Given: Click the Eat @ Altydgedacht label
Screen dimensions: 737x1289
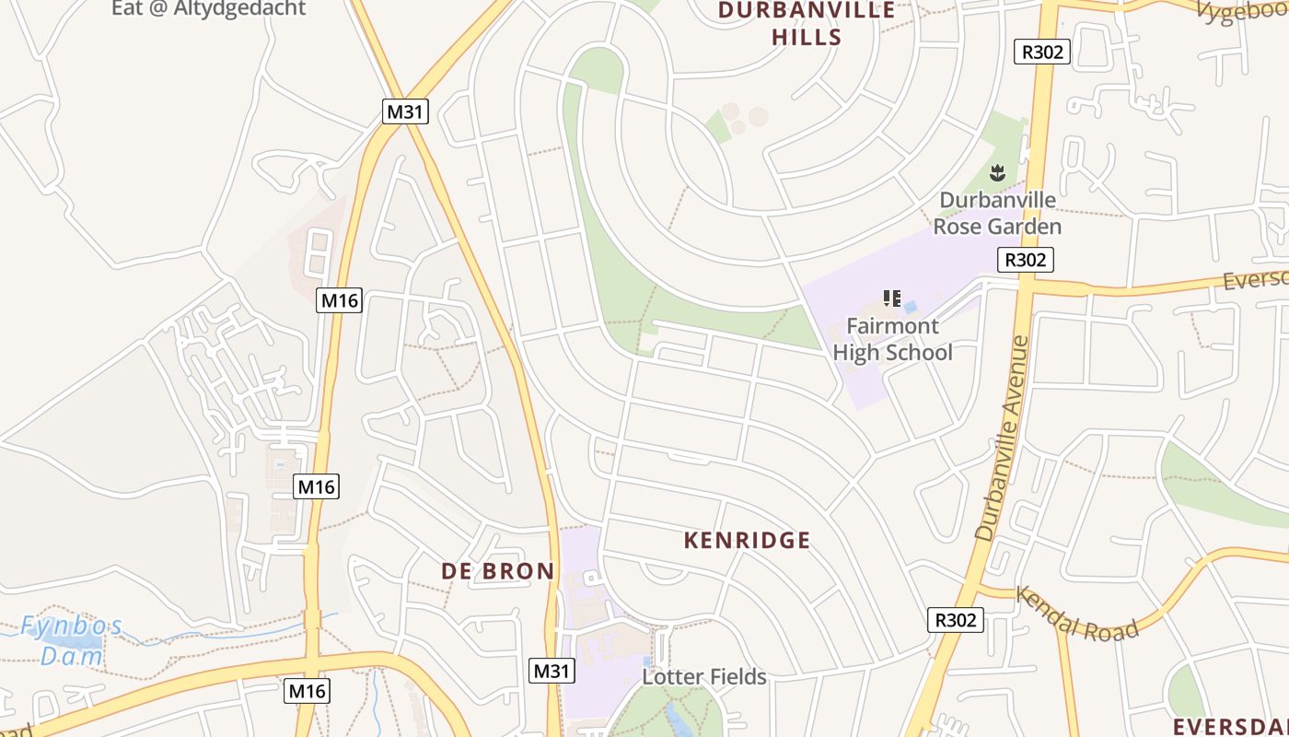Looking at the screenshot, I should (x=208, y=9).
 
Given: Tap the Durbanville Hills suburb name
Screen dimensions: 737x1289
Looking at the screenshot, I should (x=807, y=24).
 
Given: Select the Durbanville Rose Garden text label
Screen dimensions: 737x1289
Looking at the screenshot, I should (x=997, y=213).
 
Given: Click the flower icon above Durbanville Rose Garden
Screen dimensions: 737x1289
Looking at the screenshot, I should (x=996, y=171).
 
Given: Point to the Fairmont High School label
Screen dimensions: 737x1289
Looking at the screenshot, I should (x=892, y=339).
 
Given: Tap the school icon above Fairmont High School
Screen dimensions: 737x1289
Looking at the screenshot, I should (x=890, y=298).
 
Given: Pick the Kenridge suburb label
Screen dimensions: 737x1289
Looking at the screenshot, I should (x=747, y=541).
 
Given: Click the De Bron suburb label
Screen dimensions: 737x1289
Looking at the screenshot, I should (x=498, y=571).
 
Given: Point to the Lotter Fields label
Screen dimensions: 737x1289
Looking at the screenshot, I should (x=704, y=677).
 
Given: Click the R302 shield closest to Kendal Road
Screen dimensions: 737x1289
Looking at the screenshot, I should (x=955, y=620).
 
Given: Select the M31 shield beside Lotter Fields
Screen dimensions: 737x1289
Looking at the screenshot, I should (x=552, y=671).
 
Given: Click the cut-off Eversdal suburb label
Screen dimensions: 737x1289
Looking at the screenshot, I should (x=1231, y=725).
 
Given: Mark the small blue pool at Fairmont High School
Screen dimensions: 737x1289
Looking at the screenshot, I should (x=910, y=306).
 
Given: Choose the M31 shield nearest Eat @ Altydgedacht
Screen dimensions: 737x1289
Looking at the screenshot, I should (x=406, y=111).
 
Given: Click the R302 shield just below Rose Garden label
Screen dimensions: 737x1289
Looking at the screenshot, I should (x=1025, y=260).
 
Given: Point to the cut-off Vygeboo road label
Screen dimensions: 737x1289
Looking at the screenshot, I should (x=1242, y=11).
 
